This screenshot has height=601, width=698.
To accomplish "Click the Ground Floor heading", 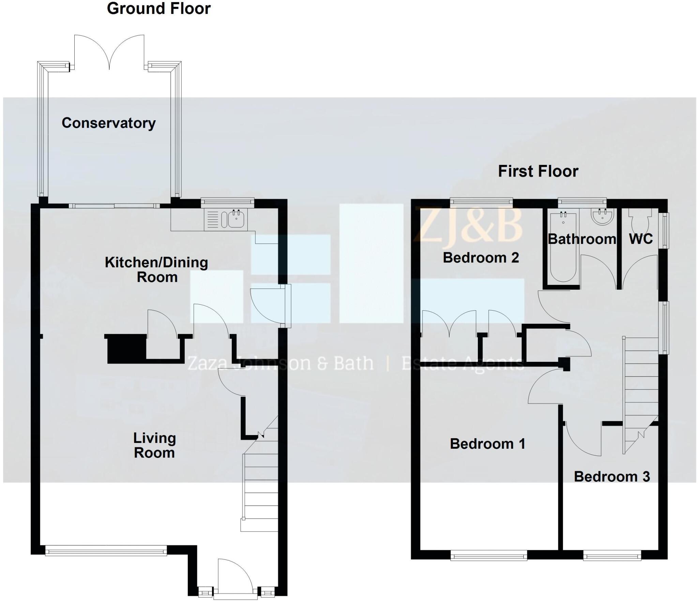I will click(x=158, y=9).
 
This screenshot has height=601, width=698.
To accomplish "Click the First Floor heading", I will click(x=538, y=171).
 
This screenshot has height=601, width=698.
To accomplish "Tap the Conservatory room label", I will click(x=108, y=123).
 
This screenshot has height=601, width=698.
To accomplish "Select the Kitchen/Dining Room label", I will click(x=156, y=269).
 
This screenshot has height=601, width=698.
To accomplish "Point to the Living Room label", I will click(x=154, y=445).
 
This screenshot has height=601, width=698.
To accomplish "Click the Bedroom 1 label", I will click(x=487, y=444).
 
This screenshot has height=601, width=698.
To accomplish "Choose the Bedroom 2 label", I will click(x=481, y=258).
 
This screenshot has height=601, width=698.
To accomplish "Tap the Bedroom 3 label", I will click(x=612, y=477).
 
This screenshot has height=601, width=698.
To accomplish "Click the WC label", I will click(x=640, y=239).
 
